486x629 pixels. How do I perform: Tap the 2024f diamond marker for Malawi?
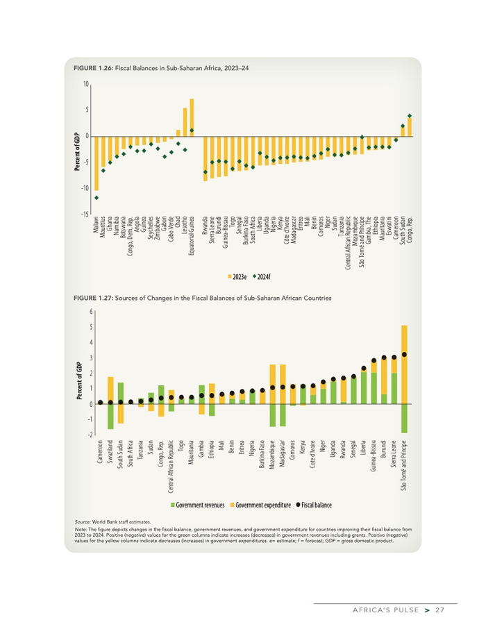pyautogui.click(x=97, y=198)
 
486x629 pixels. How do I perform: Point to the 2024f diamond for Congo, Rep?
pyautogui.click(x=410, y=116)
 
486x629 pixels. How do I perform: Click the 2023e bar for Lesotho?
pyautogui.click(x=185, y=121)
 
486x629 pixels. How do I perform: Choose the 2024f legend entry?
pyautogui.click(x=260, y=277)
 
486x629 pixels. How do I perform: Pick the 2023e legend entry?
pyautogui.click(x=237, y=277)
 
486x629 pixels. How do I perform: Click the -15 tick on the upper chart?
pyautogui.click(x=85, y=215)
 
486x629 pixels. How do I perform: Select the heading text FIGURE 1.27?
pyautogui.click(x=93, y=297)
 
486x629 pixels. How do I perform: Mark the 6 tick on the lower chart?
pyautogui.click(x=91, y=312)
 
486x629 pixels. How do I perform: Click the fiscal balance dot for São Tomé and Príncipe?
pyautogui.click(x=405, y=355)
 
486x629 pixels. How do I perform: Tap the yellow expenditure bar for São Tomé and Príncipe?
pyautogui.click(x=405, y=364)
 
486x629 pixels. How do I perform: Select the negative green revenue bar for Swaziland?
pyautogui.click(x=110, y=417)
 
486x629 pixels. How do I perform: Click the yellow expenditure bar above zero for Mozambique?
pyautogui.click(x=273, y=384)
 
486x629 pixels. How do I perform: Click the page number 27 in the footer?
pyautogui.click(x=439, y=611)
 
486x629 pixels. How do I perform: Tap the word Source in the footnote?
pyautogui.click(x=83, y=521)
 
